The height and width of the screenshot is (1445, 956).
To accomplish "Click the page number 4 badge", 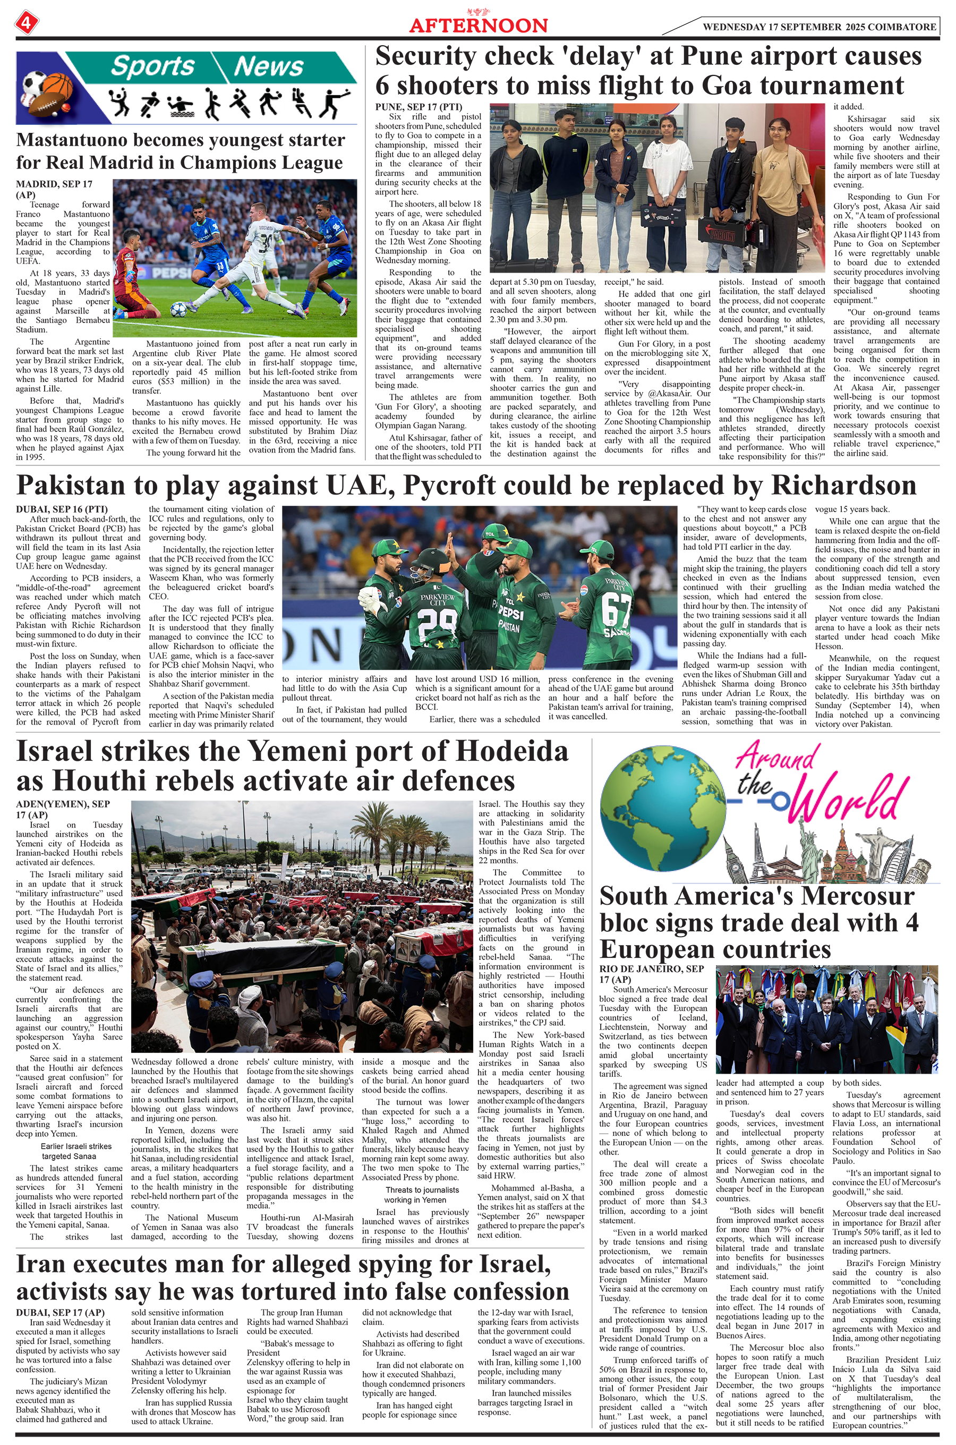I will click(x=26, y=23).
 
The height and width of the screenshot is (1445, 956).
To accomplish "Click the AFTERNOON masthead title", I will click(x=478, y=25).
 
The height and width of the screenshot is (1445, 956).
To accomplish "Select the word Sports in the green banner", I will click(x=152, y=66).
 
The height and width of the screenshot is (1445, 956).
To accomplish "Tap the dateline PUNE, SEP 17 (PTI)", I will click(x=419, y=107).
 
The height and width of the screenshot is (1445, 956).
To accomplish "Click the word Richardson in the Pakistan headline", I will click(x=843, y=486).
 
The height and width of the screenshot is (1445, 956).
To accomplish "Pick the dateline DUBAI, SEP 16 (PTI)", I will click(x=62, y=509).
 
